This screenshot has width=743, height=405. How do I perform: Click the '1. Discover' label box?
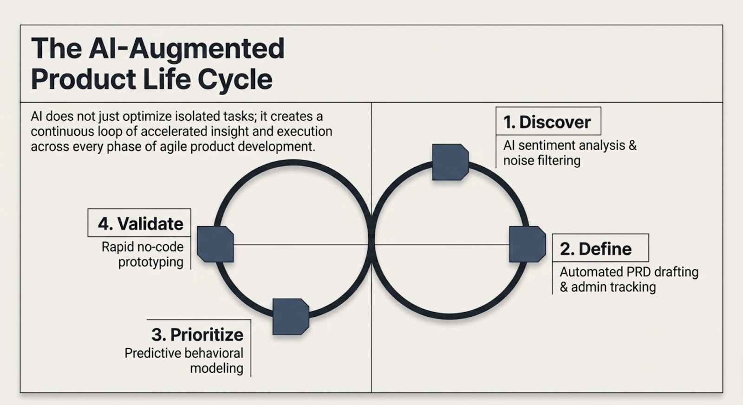(x=548, y=121)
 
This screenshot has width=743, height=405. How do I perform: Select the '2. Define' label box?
(x=600, y=248)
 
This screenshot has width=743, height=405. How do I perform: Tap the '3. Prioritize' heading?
(x=197, y=334)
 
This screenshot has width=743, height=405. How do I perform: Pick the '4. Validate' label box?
(x=139, y=222)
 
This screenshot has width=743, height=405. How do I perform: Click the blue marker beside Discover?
(x=450, y=162)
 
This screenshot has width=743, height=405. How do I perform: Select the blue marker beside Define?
(x=528, y=244)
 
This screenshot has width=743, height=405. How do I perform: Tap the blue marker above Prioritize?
(x=291, y=316)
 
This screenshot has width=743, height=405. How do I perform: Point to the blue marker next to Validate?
(x=215, y=244)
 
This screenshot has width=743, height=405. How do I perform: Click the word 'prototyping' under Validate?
(x=151, y=262)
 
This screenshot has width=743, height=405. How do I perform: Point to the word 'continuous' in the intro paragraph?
(x=62, y=131)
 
